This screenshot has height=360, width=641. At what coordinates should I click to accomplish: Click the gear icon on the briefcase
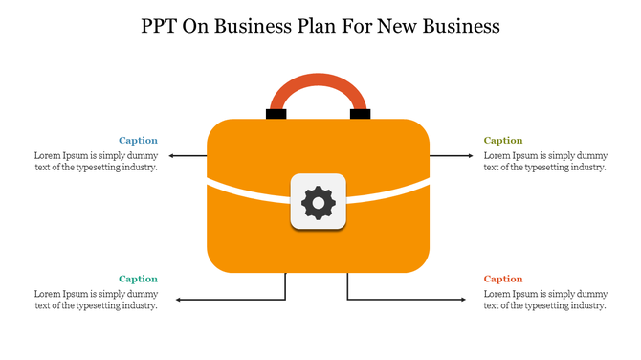point(318,202)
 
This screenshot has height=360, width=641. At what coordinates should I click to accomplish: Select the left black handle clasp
point(276,114)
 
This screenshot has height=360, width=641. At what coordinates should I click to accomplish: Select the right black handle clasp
point(361,114)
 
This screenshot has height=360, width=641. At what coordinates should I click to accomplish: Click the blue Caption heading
point(138,141)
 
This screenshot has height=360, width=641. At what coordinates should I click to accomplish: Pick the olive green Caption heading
point(503,141)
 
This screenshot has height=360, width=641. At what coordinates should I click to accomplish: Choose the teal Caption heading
point(138,280)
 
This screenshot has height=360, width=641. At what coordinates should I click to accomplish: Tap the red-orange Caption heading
point(503,280)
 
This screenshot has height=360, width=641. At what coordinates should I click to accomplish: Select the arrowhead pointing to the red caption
point(464,301)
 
